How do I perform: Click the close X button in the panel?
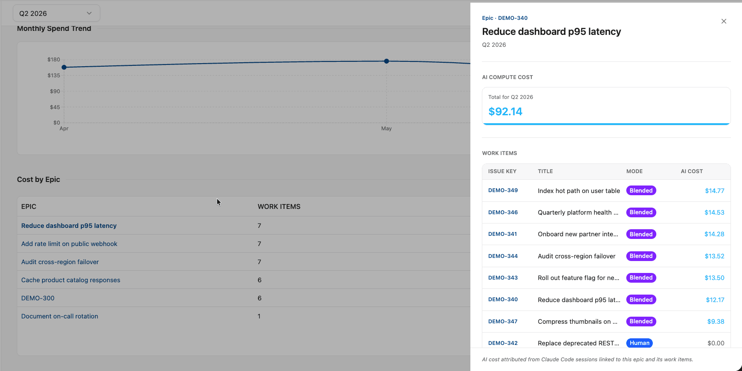click(723, 21)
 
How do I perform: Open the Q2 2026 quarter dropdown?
click(57, 13)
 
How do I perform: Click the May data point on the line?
click(386, 61)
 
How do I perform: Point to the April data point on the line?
click(64, 67)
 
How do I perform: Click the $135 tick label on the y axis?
click(54, 76)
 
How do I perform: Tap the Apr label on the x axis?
click(64, 129)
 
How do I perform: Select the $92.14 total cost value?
click(505, 112)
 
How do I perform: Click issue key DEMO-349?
click(503, 190)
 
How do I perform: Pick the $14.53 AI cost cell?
click(714, 212)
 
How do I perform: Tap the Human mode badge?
click(640, 343)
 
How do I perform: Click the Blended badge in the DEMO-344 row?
click(641, 256)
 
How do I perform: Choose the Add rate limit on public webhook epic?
click(69, 244)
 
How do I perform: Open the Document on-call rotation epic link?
click(60, 316)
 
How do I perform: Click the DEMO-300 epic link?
click(38, 298)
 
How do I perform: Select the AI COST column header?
click(692, 171)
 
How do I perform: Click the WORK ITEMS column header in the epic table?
click(279, 207)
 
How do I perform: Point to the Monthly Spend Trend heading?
click(54, 28)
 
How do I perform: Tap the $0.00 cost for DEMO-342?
click(715, 343)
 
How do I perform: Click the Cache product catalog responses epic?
click(71, 280)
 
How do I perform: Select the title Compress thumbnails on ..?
click(577, 322)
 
